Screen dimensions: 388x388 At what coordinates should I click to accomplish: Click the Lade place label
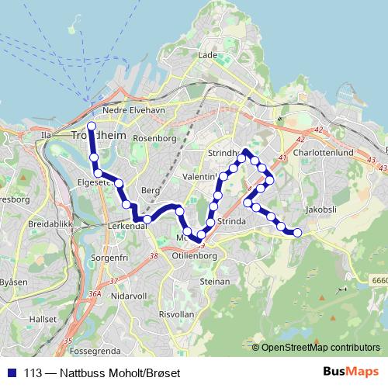(x=207, y=55)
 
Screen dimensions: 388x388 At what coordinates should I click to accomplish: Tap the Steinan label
(x=214, y=281)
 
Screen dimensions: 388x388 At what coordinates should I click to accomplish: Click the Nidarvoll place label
(x=129, y=296)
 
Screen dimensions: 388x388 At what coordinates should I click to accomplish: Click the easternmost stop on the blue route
(x=296, y=232)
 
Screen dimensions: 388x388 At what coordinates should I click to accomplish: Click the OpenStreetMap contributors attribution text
(x=320, y=348)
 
